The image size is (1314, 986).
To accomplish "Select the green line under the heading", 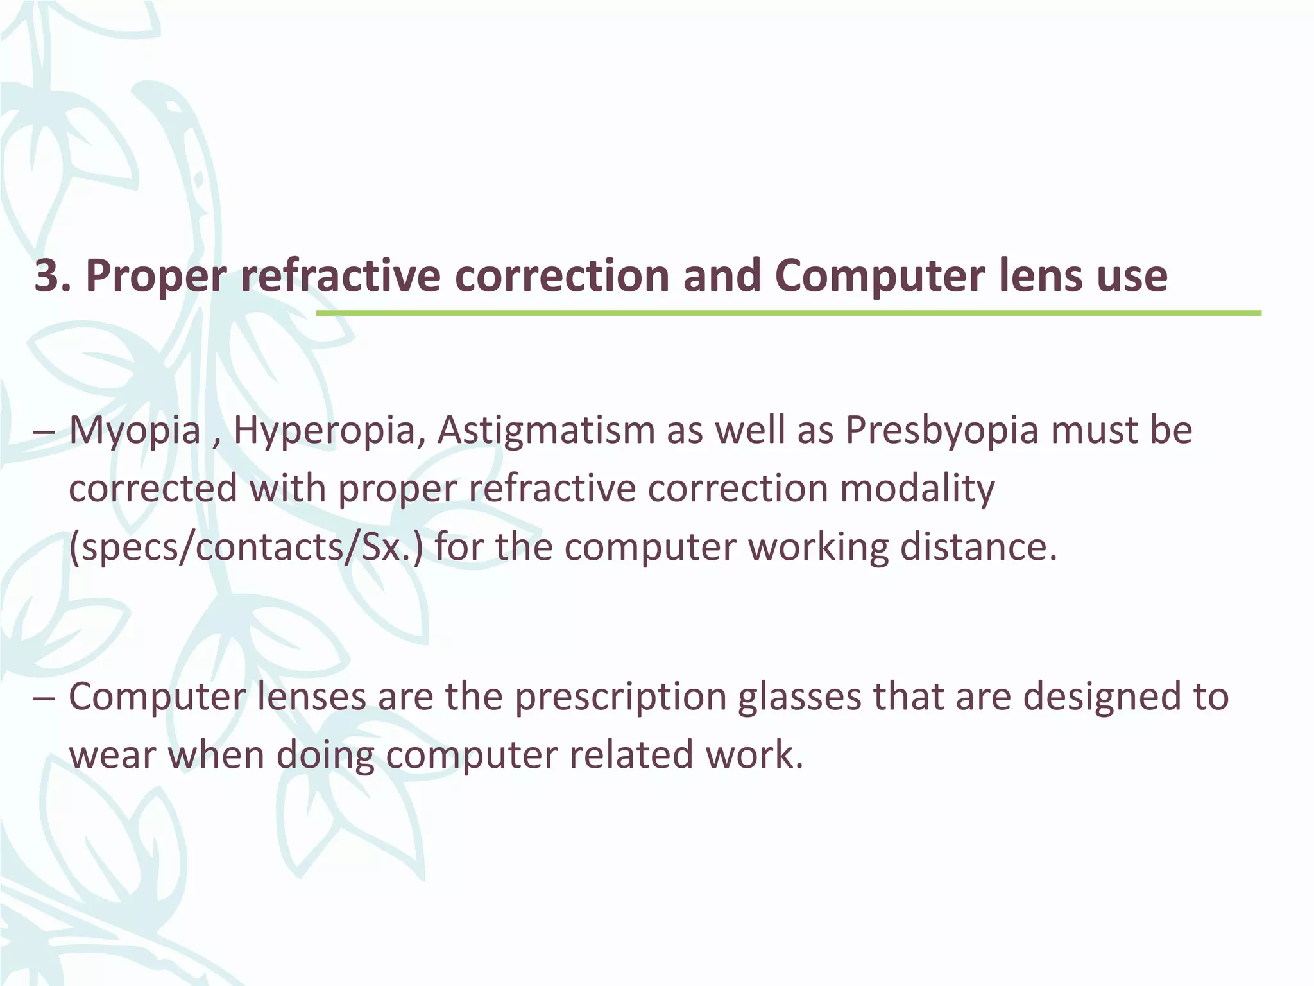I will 789,313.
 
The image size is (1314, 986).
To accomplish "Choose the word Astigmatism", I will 545,430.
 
